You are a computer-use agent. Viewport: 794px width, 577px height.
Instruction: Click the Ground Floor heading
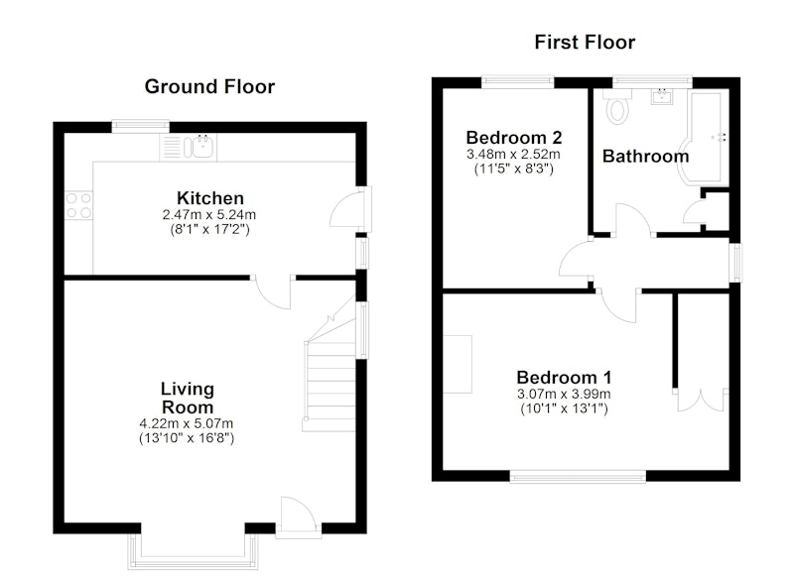[x=209, y=87]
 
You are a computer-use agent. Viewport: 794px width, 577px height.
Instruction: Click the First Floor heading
[x=585, y=42]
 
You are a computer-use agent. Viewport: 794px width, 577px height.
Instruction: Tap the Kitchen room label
[x=210, y=197]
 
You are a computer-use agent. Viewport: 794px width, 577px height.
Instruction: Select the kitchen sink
[x=202, y=147]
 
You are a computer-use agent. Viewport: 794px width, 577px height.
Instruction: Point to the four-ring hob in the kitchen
[x=78, y=205]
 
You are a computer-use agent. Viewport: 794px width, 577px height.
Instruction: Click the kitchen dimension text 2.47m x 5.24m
[x=209, y=214]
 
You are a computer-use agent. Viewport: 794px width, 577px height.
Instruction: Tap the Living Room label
[x=188, y=398]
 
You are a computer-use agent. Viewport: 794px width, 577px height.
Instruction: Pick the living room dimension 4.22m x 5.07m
[x=187, y=423]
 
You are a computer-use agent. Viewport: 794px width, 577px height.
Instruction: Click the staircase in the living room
[x=330, y=374]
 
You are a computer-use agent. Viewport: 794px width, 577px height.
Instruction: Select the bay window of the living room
[x=193, y=551]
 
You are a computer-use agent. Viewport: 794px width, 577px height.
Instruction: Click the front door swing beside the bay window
[x=298, y=514]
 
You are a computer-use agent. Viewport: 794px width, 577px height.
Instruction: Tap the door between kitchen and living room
[x=274, y=291]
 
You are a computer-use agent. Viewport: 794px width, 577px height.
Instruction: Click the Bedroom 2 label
[x=514, y=138]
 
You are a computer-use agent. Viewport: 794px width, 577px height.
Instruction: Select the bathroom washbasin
[x=661, y=96]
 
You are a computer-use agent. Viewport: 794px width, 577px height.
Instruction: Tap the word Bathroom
[x=646, y=157]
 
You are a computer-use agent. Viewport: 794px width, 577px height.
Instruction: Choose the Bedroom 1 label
[x=564, y=378]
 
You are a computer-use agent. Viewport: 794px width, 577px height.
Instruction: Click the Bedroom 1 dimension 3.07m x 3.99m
[x=564, y=394]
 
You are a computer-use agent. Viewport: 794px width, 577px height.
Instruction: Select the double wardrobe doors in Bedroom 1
[x=701, y=401]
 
